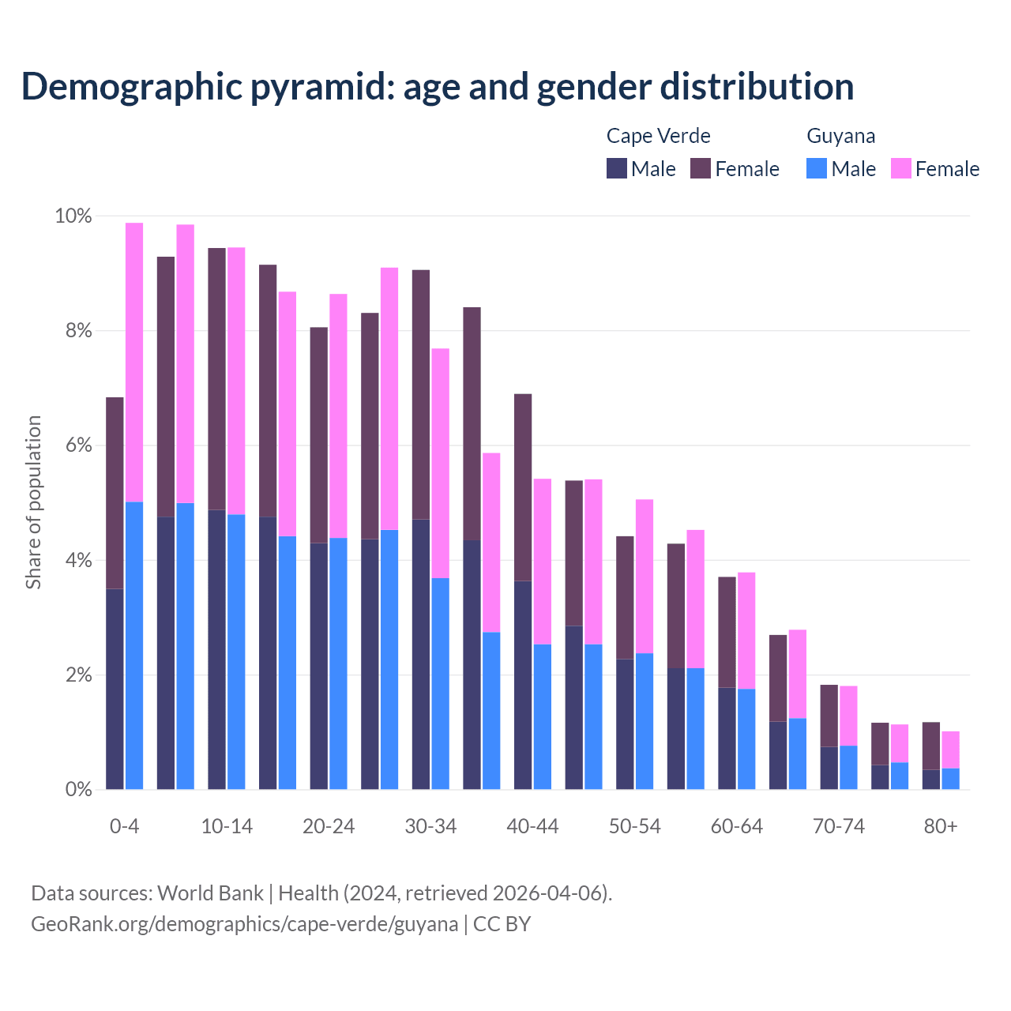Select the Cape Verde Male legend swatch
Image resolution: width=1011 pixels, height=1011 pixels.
tap(616, 168)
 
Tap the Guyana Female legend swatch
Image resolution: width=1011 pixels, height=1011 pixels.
tap(900, 168)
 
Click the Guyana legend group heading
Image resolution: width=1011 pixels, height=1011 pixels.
tap(840, 136)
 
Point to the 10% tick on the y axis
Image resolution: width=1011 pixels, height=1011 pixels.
tap(73, 216)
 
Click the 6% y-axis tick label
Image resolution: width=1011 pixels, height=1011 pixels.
tap(78, 445)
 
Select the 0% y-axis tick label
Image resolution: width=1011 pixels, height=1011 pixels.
tap(78, 789)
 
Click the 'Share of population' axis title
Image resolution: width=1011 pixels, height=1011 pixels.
tap(34, 502)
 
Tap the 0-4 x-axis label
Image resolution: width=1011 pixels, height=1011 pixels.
tap(124, 826)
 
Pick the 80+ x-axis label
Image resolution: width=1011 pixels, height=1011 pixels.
tap(940, 826)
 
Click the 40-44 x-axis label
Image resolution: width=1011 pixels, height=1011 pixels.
tap(532, 826)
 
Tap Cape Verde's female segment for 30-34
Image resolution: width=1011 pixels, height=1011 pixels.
tap(421, 394)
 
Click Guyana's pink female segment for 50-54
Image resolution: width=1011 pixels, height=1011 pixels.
tap(645, 577)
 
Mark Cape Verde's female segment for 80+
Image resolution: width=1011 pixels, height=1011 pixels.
tap(930, 746)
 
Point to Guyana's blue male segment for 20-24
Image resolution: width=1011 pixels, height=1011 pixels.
tap(338, 663)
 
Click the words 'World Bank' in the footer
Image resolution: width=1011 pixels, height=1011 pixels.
tap(210, 893)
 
